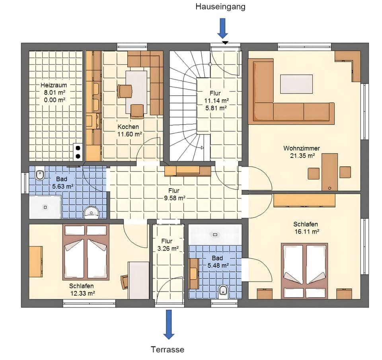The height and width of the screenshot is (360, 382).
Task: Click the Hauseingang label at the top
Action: click(220, 7)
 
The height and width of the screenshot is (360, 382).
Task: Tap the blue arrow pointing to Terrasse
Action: click(169, 324)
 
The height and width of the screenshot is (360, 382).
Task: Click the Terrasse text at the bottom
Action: click(168, 350)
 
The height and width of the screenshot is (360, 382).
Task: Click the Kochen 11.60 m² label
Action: click(128, 130)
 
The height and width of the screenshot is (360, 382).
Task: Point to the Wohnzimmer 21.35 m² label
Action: click(301, 152)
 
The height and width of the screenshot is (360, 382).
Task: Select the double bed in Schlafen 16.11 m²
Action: click(305, 270)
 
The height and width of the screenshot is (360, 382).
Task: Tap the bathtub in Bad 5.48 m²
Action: click(215, 235)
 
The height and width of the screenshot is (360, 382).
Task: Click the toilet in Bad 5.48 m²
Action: click(223, 291)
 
